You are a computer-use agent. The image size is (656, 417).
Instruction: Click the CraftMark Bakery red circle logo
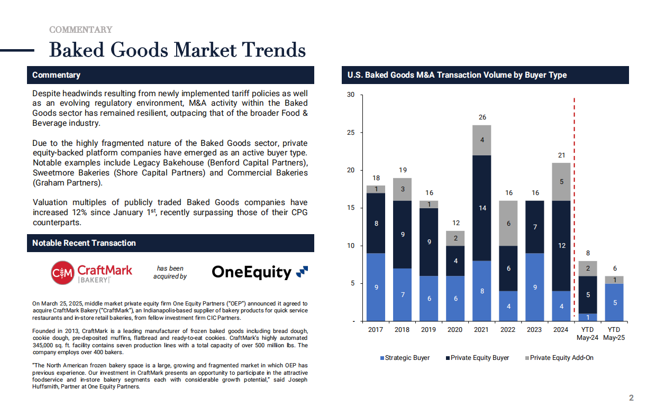click(62, 273)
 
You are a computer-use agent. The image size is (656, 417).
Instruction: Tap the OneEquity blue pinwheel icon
click(302, 272)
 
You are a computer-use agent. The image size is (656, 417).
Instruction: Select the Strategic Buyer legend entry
click(405, 358)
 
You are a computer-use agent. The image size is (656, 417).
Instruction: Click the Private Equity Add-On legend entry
click(559, 358)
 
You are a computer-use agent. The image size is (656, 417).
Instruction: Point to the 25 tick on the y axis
click(351, 133)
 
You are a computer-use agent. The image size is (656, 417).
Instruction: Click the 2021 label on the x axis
click(481, 330)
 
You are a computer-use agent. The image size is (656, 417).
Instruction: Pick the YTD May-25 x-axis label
click(614, 333)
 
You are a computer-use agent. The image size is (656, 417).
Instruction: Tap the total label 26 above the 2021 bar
click(482, 117)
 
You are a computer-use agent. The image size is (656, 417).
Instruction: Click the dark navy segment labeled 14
click(482, 208)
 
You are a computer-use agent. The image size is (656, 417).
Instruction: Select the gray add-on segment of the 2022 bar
click(508, 223)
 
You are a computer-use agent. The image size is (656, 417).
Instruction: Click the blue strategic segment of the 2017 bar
click(376, 287)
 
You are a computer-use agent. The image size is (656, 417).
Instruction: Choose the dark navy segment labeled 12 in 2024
click(561, 246)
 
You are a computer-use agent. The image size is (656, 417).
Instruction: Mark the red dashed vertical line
click(575, 209)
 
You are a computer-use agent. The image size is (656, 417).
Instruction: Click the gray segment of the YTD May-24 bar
click(588, 268)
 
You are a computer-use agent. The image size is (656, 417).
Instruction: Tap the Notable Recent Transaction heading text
click(84, 243)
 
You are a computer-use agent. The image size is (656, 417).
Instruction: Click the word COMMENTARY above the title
click(81, 30)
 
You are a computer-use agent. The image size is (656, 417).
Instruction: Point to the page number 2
click(631, 398)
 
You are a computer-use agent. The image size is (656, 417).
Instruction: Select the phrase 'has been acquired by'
click(170, 272)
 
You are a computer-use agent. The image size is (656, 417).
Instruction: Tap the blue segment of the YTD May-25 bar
click(614, 302)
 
